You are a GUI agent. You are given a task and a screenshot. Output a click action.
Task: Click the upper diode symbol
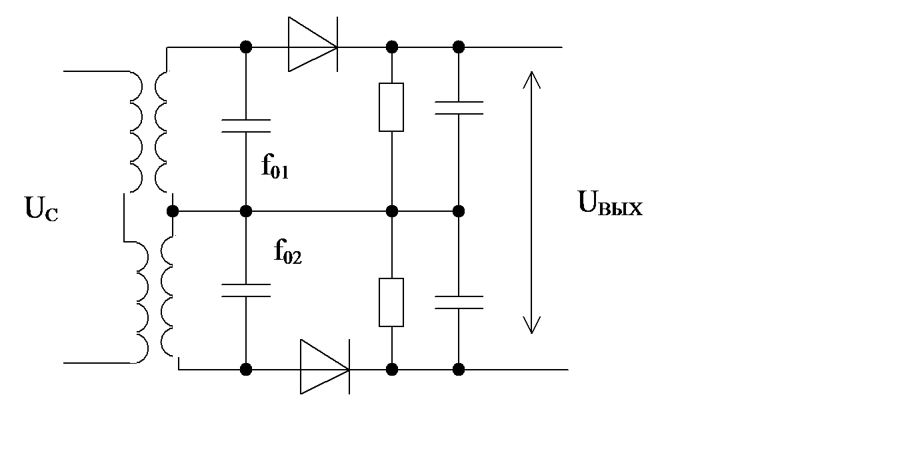pyautogui.click(x=312, y=46)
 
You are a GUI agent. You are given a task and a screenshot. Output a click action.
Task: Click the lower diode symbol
pyautogui.click(x=324, y=368)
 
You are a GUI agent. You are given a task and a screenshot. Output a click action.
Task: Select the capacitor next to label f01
pyautogui.click(x=246, y=125)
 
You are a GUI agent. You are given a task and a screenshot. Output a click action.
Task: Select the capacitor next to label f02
pyautogui.click(x=246, y=290)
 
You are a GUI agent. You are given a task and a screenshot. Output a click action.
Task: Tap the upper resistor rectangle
pyautogui.click(x=391, y=107)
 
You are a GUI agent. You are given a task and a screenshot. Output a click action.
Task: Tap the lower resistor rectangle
pyautogui.click(x=391, y=302)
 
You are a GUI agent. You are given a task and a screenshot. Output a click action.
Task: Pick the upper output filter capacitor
pyautogui.click(x=458, y=109)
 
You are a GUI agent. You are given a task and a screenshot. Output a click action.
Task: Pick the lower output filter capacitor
pyautogui.click(x=458, y=302)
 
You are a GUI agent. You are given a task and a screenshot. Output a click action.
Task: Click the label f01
pyautogui.click(x=275, y=168)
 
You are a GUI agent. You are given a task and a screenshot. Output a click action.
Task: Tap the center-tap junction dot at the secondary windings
pyautogui.click(x=173, y=212)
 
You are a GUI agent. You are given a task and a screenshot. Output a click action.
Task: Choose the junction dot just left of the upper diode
pyautogui.click(x=246, y=47)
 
